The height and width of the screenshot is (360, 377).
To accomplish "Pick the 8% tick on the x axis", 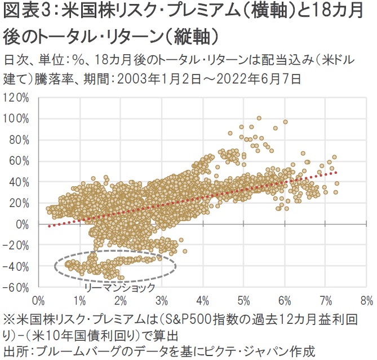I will coord(366,298).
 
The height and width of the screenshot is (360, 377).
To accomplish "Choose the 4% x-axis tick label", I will coord(203,298).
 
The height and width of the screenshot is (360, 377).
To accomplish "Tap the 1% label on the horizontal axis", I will coord(80,298).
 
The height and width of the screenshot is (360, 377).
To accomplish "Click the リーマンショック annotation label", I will coord(119,287).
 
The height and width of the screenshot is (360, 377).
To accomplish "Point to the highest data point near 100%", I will coord(259,118).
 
